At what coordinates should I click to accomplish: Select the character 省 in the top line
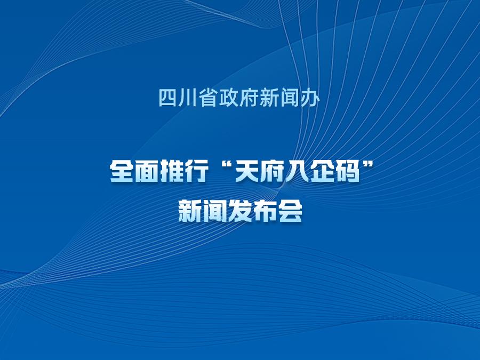(209, 98)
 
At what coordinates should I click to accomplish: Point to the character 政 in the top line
(229, 98)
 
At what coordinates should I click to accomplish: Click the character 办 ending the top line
(310, 98)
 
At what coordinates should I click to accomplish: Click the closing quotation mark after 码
(368, 167)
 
